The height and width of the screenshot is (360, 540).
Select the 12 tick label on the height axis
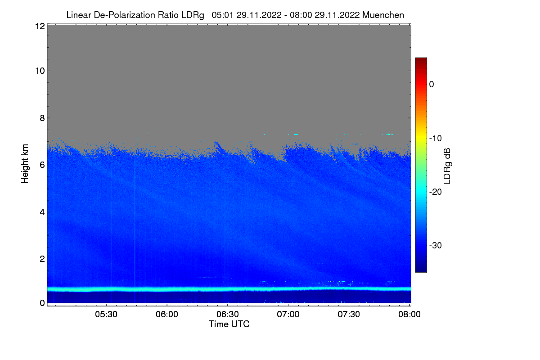[39, 26]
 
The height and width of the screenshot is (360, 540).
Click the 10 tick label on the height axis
[39, 71]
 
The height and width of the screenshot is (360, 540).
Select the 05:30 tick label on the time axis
[106, 315]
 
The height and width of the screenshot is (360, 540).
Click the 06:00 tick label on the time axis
[167, 315]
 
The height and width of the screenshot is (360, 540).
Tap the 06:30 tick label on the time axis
[228, 315]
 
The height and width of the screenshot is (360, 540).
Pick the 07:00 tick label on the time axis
[288, 315]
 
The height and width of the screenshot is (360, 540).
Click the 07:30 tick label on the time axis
[349, 315]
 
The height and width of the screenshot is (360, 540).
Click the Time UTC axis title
[229, 324]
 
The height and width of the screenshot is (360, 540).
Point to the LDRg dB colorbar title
[447, 165]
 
